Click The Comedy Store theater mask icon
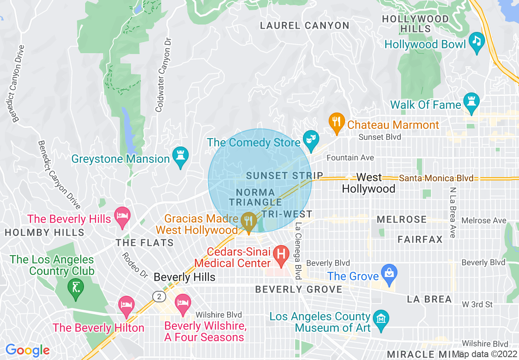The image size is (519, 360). pyautogui.click(x=311, y=140)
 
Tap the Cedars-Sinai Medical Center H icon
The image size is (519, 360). pyautogui.click(x=281, y=255)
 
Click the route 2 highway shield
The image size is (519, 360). pyautogui.click(x=158, y=297)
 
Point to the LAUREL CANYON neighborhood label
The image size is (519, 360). pyautogui.click(x=305, y=26)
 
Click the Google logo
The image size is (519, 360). pyautogui.click(x=27, y=350)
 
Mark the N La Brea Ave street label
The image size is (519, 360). pyautogui.click(x=453, y=213)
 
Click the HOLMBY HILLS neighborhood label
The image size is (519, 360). pyautogui.click(x=44, y=233)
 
